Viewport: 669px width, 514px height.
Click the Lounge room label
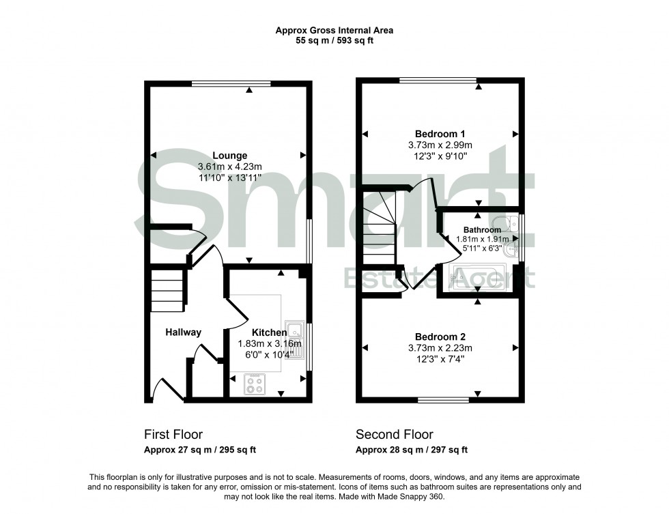pos(229,156)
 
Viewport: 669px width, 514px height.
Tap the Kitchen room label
pos(269,332)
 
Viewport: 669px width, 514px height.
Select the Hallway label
pos(183,332)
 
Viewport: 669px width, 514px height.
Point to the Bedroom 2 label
pos(440,337)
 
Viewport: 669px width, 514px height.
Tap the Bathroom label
pos(482,230)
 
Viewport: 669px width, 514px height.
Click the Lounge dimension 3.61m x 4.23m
pos(229,167)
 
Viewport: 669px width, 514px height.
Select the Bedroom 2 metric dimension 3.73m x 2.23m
pos(440,348)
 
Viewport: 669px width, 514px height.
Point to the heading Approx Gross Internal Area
pos(334,30)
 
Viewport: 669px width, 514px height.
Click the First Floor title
pos(173,434)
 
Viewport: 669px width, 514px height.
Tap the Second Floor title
pos(394,434)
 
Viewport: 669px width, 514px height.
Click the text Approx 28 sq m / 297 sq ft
pos(411,450)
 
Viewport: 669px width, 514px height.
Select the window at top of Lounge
pos(231,84)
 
